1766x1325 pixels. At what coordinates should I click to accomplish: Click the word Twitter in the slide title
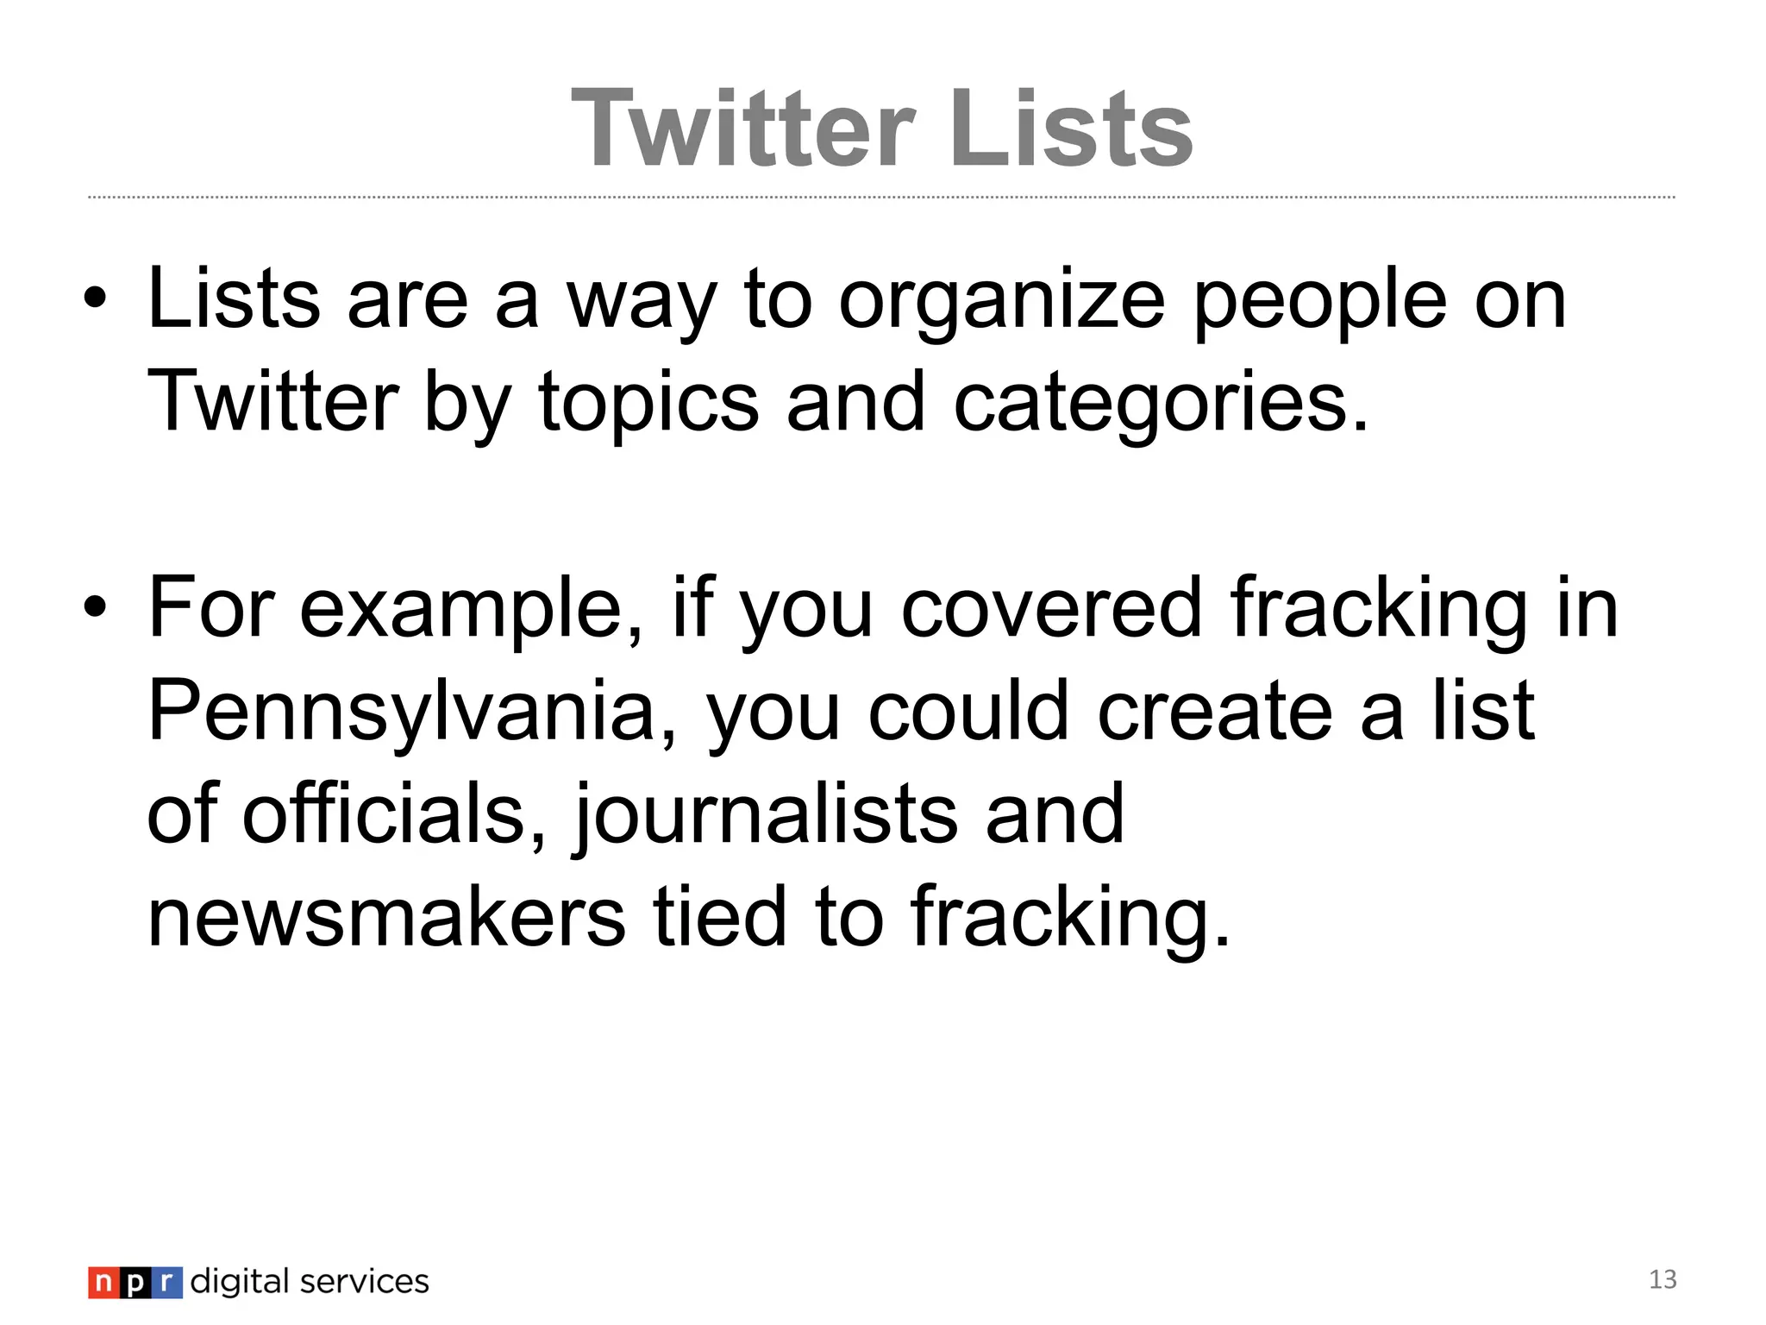[x=742, y=129]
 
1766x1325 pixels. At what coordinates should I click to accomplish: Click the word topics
[x=648, y=404]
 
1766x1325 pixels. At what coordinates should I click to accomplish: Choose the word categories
[x=1160, y=404]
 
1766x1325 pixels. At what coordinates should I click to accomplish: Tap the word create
[x=1215, y=711]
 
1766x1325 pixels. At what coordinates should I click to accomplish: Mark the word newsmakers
[x=386, y=916]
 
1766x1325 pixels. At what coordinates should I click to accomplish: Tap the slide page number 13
[x=1663, y=1279]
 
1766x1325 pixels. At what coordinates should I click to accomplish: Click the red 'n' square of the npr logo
[x=103, y=1283]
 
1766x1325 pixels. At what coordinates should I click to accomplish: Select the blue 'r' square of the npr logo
[x=166, y=1283]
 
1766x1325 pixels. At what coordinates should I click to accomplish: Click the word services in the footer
[x=364, y=1282]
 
